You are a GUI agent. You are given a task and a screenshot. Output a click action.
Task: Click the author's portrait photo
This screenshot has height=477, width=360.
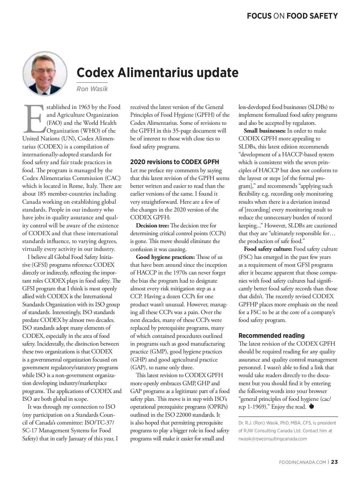(x=45, y=73)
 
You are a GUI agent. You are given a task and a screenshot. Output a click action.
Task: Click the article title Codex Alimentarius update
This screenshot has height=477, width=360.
(x=157, y=73)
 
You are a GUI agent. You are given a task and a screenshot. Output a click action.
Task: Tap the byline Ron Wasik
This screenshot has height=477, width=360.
(x=92, y=89)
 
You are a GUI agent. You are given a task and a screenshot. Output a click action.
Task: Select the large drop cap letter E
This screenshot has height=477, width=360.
(x=34, y=118)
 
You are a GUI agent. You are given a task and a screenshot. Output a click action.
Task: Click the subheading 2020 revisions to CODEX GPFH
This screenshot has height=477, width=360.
(x=175, y=162)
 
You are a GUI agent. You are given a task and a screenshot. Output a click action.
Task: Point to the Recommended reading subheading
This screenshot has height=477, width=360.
(x=271, y=336)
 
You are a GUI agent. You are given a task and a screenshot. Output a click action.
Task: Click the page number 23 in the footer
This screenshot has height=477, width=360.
(x=334, y=462)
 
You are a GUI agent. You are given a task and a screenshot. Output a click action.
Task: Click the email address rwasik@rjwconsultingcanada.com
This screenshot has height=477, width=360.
(x=273, y=439)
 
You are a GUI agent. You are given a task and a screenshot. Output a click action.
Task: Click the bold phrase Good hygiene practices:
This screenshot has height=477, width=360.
(x=165, y=257)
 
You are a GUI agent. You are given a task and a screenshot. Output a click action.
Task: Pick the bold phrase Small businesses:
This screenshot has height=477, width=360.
(x=265, y=131)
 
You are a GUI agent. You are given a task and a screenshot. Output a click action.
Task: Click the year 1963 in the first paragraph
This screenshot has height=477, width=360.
(x=85, y=107)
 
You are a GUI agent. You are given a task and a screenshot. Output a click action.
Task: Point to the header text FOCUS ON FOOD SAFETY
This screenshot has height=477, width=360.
(x=292, y=16)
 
